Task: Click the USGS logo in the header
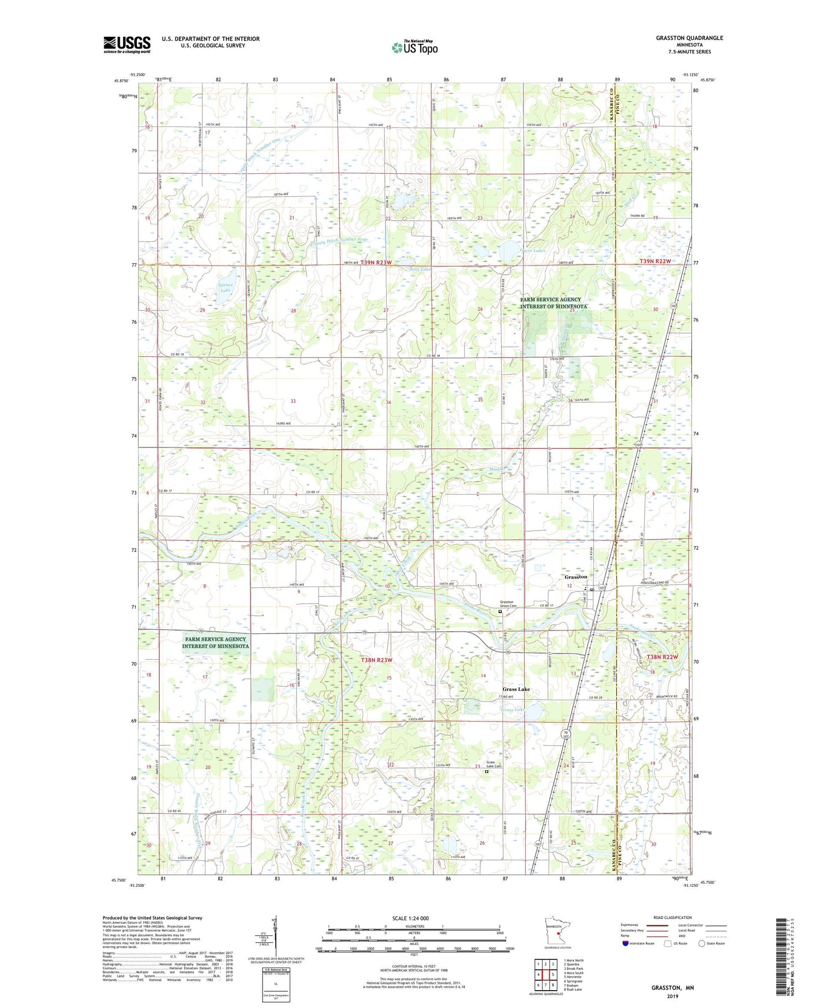click(x=127, y=44)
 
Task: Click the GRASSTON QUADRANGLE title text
click(x=689, y=38)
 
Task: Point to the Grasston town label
click(x=575, y=577)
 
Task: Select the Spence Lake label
click(x=226, y=288)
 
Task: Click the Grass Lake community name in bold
click(x=516, y=689)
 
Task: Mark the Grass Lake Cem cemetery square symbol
click(x=487, y=771)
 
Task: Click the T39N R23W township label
click(x=376, y=262)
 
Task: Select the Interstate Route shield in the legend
click(x=626, y=943)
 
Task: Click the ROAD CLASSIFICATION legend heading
click(x=672, y=917)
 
